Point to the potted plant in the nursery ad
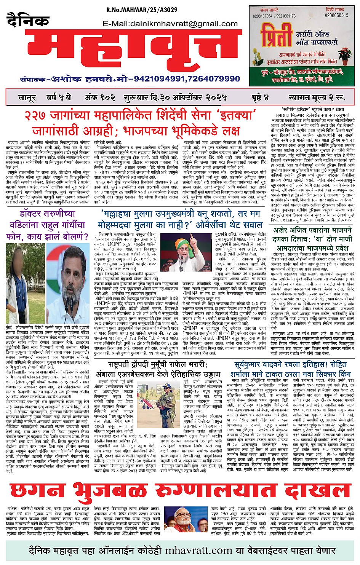click(345, 56)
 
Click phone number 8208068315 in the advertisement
click(337, 15)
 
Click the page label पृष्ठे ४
click(260, 97)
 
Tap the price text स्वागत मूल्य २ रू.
click(317, 97)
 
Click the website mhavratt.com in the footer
click(198, 551)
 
